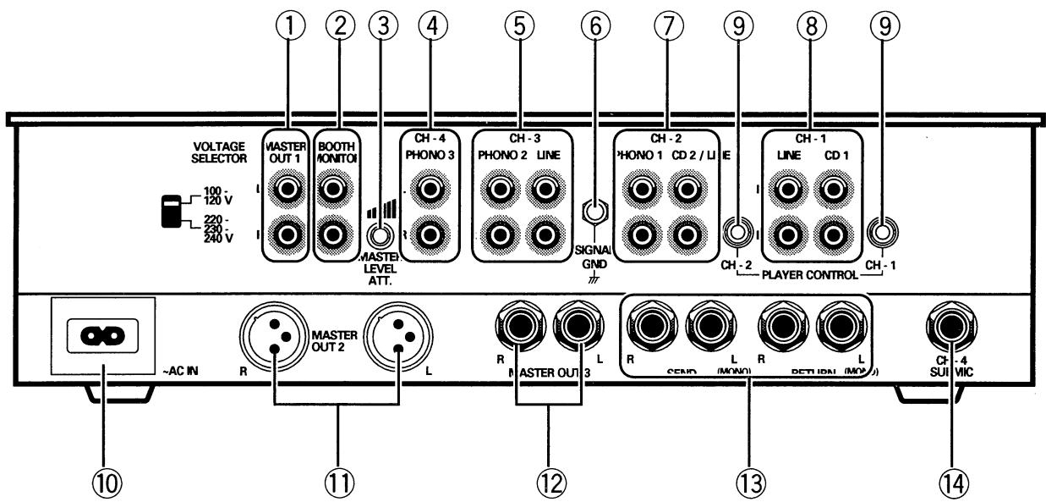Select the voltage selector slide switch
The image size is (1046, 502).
pyautogui.click(x=173, y=212)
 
